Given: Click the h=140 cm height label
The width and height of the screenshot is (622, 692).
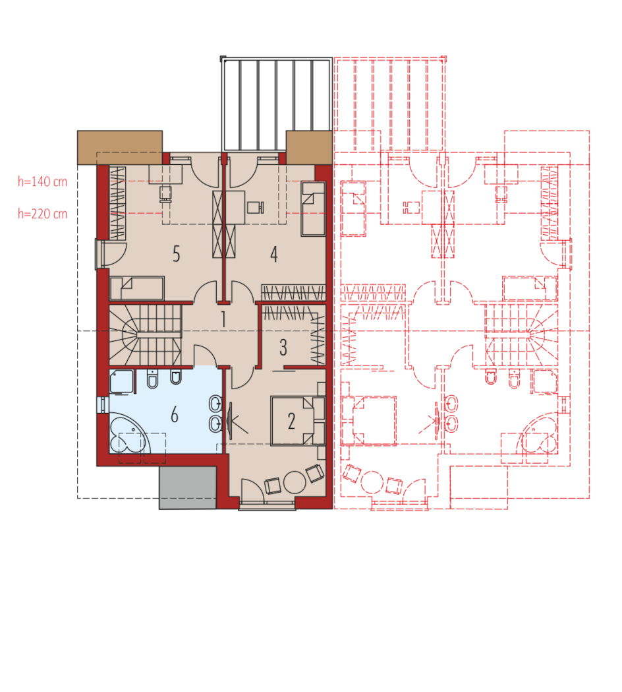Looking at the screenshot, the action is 42,181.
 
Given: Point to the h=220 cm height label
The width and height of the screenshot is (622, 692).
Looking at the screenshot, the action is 42,214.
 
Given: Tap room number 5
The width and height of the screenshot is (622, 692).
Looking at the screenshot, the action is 177,254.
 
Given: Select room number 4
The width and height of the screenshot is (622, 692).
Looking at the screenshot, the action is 273,254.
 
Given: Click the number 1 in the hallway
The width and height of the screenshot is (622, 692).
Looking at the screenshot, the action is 223,319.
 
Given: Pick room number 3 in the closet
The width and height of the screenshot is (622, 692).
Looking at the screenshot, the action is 283,348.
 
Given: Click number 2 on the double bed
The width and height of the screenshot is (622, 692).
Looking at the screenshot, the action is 291,421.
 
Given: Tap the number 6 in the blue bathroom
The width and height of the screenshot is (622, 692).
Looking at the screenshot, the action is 175,415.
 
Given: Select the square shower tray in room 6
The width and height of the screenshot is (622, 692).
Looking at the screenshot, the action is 121,382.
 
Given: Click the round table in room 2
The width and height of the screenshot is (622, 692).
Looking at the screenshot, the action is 295,482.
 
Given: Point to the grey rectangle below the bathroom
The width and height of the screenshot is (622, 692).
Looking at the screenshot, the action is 188,488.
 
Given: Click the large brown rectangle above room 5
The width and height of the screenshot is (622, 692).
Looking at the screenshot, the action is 120,147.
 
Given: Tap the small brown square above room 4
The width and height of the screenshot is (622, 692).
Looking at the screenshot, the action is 309,147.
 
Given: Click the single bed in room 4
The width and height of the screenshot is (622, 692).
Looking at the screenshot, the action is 313,208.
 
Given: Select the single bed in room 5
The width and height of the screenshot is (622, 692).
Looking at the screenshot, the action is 136,288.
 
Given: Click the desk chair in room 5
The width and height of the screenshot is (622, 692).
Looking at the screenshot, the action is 165,194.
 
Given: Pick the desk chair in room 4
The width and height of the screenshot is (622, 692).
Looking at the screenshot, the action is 256,207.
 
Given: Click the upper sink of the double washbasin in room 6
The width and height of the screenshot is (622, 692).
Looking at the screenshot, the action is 215,403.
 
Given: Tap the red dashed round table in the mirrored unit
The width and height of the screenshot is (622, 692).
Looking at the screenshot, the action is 372,482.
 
